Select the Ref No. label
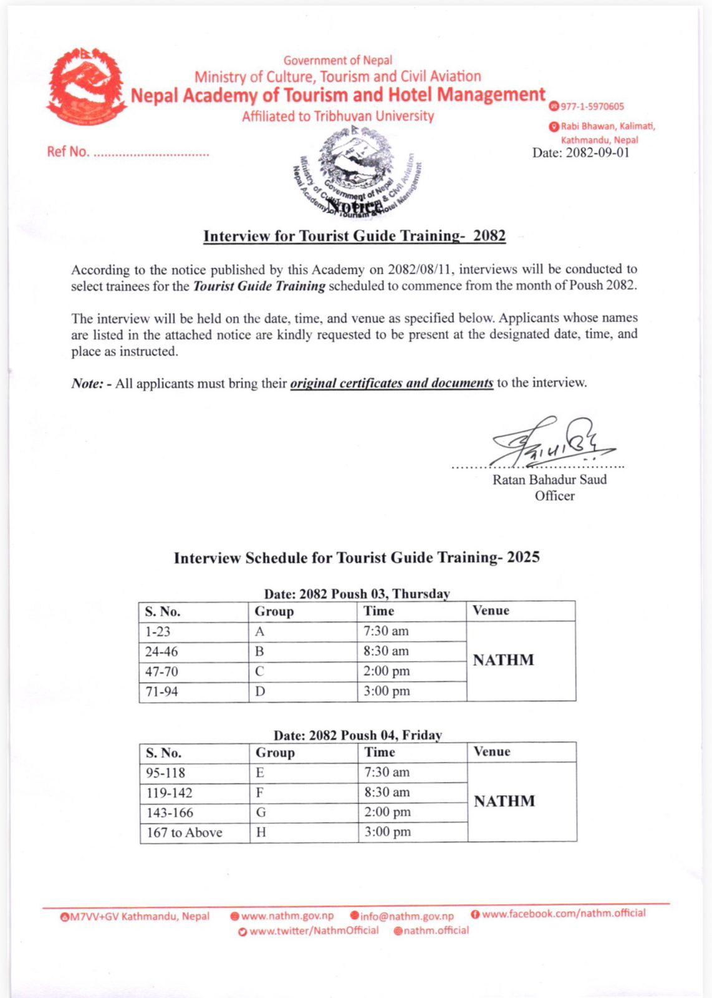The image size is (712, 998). pos(68,152)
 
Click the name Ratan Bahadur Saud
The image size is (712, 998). pos(549,480)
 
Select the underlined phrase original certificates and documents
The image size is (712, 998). pos(391,383)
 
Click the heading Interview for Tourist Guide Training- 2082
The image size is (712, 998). pos(354,236)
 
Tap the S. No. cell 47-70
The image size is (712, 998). pos(161,672)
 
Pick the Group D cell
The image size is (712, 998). pos(260,692)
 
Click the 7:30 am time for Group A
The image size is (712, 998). pos(386,631)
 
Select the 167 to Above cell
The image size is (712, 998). pos(185,833)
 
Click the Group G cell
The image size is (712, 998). pos(261,813)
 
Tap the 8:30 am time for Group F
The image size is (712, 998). pos(387,792)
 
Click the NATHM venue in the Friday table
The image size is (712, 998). pos(504,802)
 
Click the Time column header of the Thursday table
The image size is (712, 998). pos(378,611)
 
